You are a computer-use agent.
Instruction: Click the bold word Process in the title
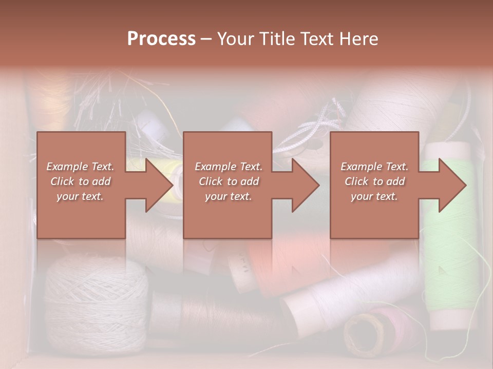coord(161,39)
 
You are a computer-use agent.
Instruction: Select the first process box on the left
coord(81,185)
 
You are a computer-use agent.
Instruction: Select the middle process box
coord(227,185)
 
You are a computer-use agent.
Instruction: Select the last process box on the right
coord(374,185)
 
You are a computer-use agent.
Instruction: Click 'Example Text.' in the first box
coord(80,167)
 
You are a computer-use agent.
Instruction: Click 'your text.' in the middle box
coord(228,196)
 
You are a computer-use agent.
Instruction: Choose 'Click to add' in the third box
coord(374,181)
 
